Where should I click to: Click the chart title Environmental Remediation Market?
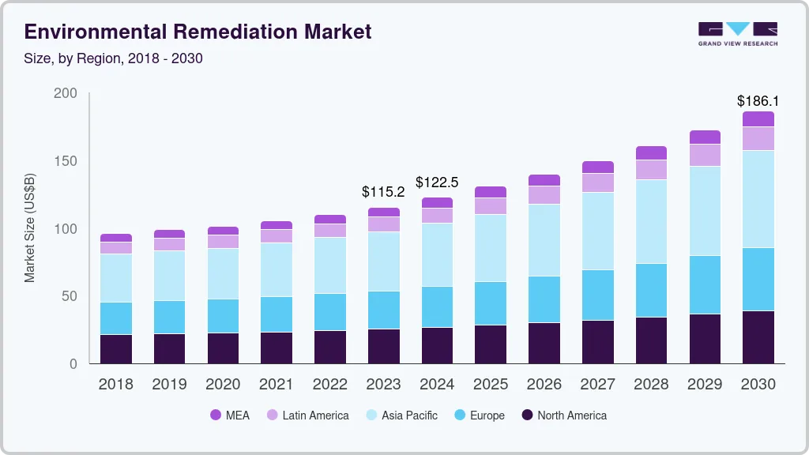pyautogui.click(x=198, y=32)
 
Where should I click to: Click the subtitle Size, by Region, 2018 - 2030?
pyautogui.click(x=114, y=58)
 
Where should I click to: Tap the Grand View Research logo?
pyautogui.click(x=737, y=33)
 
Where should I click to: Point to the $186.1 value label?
pyautogui.click(x=758, y=101)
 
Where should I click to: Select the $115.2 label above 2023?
pyautogui.click(x=383, y=192)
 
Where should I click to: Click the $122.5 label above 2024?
pyautogui.click(x=437, y=182)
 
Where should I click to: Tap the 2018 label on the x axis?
pyautogui.click(x=115, y=385)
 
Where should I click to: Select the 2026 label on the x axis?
pyautogui.click(x=544, y=385)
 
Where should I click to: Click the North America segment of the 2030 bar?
pyautogui.click(x=758, y=337)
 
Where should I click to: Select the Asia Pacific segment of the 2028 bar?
pyautogui.click(x=651, y=222)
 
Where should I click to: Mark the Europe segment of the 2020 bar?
pyautogui.click(x=223, y=316)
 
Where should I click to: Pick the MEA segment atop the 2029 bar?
pyautogui.click(x=705, y=137)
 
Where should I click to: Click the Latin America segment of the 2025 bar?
pyautogui.click(x=491, y=206)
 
